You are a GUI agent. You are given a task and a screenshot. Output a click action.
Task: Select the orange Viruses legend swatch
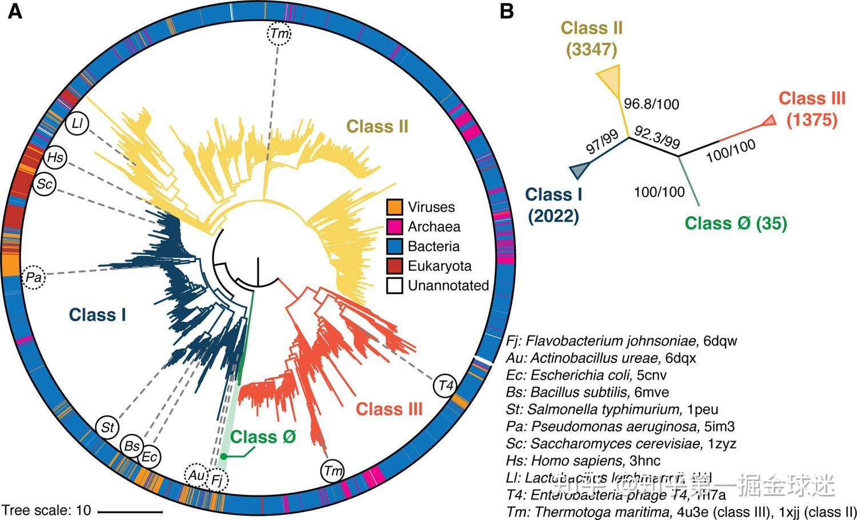coord(395,207)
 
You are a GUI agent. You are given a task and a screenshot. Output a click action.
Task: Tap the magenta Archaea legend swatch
coord(395,226)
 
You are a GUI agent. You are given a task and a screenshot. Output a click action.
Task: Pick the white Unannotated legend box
coord(395,285)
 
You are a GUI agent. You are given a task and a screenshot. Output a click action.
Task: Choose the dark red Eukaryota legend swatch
coord(395,266)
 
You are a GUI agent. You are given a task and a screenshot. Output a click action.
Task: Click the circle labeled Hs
coord(55,158)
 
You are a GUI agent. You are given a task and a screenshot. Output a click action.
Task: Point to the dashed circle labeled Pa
coord(34,278)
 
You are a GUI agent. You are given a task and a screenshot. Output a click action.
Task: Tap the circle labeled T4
coord(446,385)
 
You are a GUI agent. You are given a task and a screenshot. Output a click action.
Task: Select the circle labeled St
coord(107,427)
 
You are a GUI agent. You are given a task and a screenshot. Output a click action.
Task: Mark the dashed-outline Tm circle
coord(279,34)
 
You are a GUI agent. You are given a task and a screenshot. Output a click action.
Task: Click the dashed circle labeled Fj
coord(217,480)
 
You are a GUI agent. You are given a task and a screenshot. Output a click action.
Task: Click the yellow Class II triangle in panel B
coord(610,78)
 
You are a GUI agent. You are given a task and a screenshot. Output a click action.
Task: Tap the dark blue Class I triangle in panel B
coord(579,169)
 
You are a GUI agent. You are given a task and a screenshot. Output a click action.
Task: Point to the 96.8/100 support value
coord(651,104)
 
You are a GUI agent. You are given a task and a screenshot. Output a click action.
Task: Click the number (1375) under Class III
coord(811,120)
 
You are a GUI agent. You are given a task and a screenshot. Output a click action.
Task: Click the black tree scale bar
coord(130,510)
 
